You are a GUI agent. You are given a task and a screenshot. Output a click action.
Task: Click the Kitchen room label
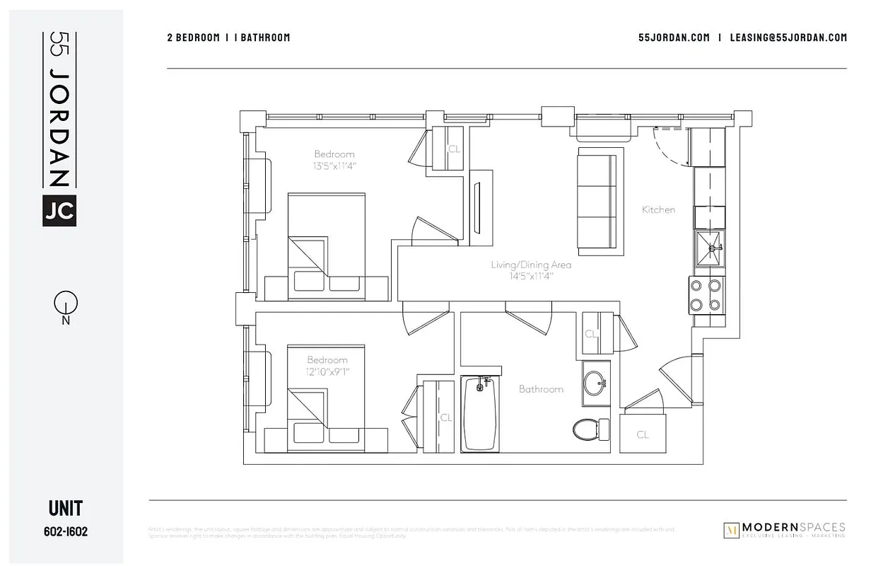[658, 209]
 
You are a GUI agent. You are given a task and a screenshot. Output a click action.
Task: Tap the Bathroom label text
[541, 389]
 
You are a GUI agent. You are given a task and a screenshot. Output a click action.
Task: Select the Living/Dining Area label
[531, 265]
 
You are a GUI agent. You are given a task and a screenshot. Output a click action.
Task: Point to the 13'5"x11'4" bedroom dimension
[334, 166]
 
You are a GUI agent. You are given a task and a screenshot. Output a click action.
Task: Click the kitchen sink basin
[709, 250]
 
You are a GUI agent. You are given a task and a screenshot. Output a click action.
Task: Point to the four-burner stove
[706, 295]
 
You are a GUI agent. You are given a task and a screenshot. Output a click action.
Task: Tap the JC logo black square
[59, 210]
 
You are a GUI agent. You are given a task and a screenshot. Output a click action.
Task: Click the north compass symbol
[65, 305]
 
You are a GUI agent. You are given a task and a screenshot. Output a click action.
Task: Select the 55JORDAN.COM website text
[673, 37]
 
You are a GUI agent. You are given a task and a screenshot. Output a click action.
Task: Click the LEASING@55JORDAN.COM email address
[788, 37]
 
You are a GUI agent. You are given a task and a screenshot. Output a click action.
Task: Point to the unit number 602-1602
[66, 531]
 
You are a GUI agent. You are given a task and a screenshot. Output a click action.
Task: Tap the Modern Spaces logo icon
[732, 531]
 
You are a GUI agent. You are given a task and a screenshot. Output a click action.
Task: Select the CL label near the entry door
[642, 435]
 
